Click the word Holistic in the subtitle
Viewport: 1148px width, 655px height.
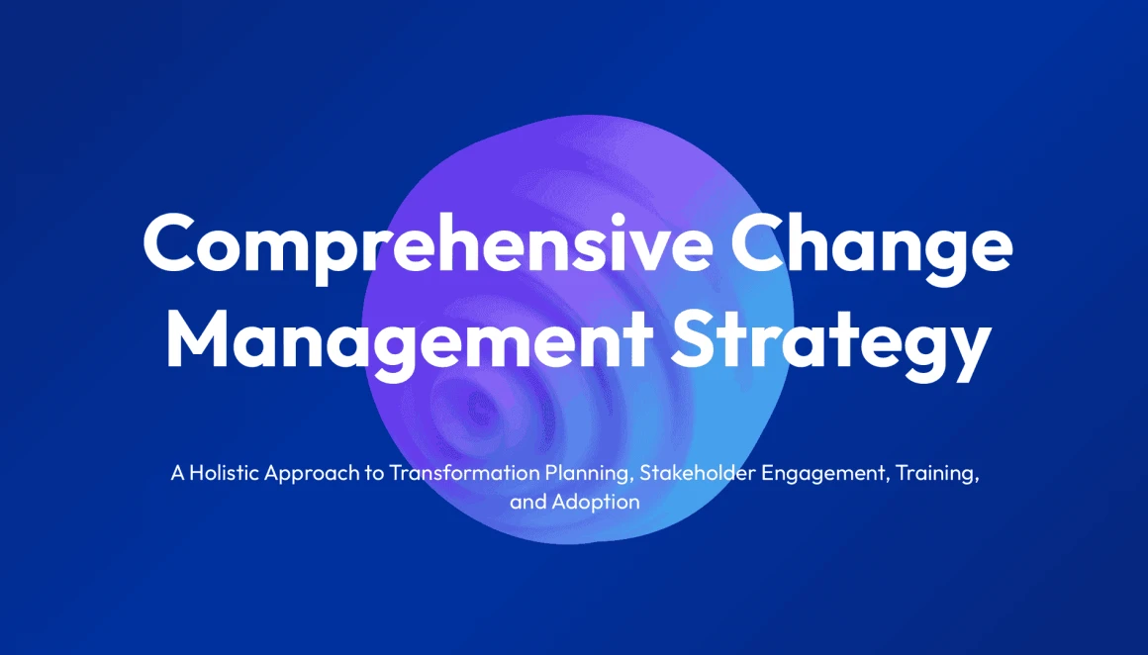click(224, 473)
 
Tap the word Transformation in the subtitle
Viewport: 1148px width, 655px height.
click(464, 473)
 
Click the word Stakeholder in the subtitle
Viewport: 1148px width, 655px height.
click(698, 473)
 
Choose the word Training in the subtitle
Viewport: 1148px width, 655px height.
click(938, 474)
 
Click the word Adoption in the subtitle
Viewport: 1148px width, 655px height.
click(595, 503)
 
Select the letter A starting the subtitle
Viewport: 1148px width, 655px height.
click(178, 473)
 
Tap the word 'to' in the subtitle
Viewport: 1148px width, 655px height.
click(375, 474)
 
